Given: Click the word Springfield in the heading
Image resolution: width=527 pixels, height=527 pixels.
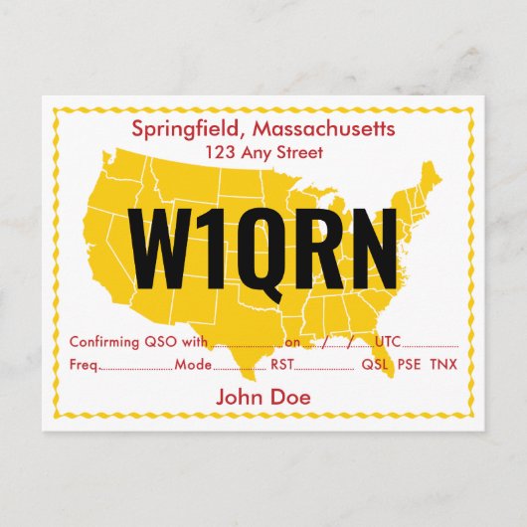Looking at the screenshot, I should pyautogui.click(x=188, y=129).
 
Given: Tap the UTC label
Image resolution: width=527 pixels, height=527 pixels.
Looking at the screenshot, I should pyautogui.click(x=388, y=342).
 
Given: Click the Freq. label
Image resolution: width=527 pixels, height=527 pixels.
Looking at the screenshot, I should pyautogui.click(x=85, y=365).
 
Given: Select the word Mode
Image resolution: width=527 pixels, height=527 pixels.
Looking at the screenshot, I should pyautogui.click(x=193, y=365).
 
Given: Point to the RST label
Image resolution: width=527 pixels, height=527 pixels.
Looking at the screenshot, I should pyautogui.click(x=283, y=365).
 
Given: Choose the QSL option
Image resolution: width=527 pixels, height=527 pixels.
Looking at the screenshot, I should pyautogui.click(x=375, y=365).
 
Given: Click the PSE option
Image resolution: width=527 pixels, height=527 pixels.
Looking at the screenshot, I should pyautogui.click(x=410, y=365).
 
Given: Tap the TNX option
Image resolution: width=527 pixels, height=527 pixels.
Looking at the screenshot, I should pyautogui.click(x=444, y=365).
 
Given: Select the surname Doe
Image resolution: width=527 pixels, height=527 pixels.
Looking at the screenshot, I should pyautogui.click(x=289, y=397).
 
